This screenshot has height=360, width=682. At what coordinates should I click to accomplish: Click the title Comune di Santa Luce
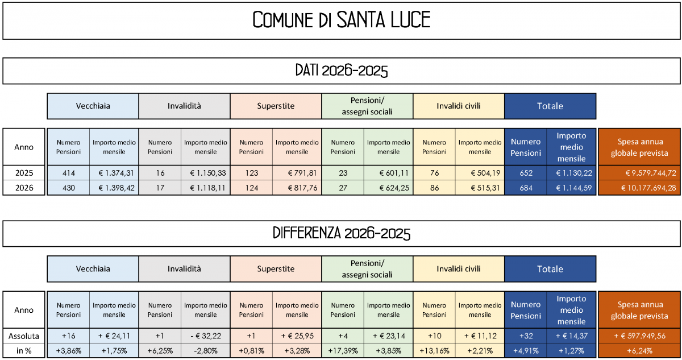click(x=341, y=20)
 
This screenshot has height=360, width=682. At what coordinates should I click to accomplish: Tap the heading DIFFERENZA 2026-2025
click(x=341, y=234)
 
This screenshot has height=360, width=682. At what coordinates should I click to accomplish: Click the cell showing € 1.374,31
click(x=114, y=173)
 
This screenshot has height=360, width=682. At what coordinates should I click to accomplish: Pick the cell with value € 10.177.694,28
click(x=640, y=188)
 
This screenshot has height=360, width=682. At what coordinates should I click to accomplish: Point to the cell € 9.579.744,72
click(x=640, y=173)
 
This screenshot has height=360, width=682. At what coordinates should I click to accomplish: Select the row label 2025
click(x=24, y=173)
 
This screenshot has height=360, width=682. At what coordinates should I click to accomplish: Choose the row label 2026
click(x=24, y=188)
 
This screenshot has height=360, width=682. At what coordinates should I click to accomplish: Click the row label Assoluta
click(x=24, y=336)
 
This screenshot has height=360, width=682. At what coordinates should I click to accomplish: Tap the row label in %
click(x=24, y=351)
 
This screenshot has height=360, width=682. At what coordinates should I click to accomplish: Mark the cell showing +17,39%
click(x=343, y=351)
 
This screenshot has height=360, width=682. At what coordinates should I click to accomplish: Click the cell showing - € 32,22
click(x=206, y=336)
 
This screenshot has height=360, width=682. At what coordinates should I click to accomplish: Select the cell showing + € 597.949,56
click(x=640, y=336)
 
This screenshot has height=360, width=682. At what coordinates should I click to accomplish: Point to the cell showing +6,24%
click(x=640, y=351)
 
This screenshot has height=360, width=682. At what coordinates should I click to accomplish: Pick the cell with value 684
click(x=526, y=188)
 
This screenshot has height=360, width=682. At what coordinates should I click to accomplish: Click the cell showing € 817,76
click(x=297, y=188)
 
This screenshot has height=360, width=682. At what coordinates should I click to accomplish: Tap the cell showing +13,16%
click(x=435, y=351)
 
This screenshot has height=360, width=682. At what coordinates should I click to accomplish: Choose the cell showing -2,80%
click(x=206, y=351)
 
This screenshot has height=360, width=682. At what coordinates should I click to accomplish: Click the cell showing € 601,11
click(x=389, y=173)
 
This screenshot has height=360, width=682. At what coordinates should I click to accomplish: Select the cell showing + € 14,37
click(x=571, y=336)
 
